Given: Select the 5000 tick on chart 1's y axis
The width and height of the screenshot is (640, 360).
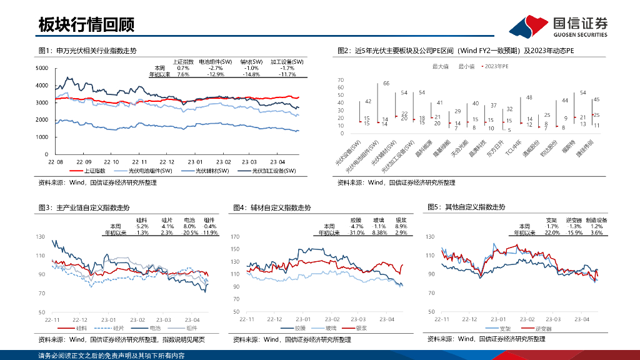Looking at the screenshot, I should pos(42,67).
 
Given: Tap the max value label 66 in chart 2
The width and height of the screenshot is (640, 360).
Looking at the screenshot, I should pos(386,83).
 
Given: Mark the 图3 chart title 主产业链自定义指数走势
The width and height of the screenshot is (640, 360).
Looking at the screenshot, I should pos(93,207).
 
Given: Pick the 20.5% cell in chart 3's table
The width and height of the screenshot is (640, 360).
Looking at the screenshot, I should pos(189,232).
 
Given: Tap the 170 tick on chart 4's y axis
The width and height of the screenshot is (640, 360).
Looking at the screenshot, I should pos(236,237).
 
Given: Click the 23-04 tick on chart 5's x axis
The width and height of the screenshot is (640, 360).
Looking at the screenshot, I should pos(582,319).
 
